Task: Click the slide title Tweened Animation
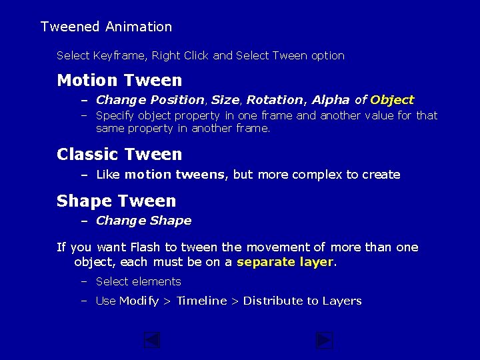(106, 27)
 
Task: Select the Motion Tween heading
(119, 81)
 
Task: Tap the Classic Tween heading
(119, 155)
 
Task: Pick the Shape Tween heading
(117, 201)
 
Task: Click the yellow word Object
(392, 100)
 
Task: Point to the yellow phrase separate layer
(285, 262)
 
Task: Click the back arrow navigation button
(153, 341)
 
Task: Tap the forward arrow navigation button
(324, 341)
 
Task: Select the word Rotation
(275, 100)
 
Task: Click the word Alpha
(331, 100)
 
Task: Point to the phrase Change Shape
(143, 221)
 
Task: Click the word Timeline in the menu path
(201, 301)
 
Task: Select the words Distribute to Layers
(302, 301)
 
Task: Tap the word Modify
(139, 301)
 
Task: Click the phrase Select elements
(139, 281)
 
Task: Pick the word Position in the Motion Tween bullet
(177, 100)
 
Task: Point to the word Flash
(145, 247)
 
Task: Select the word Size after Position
(225, 100)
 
